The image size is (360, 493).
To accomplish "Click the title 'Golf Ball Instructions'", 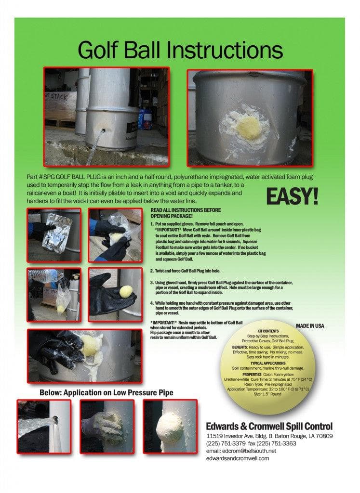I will (x=180, y=50).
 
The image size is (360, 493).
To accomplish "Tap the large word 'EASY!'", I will (x=292, y=196).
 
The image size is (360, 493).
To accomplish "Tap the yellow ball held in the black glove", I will (x=124, y=291).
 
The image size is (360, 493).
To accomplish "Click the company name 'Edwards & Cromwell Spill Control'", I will (x=269, y=426).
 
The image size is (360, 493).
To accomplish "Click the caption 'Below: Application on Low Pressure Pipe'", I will (x=106, y=393).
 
